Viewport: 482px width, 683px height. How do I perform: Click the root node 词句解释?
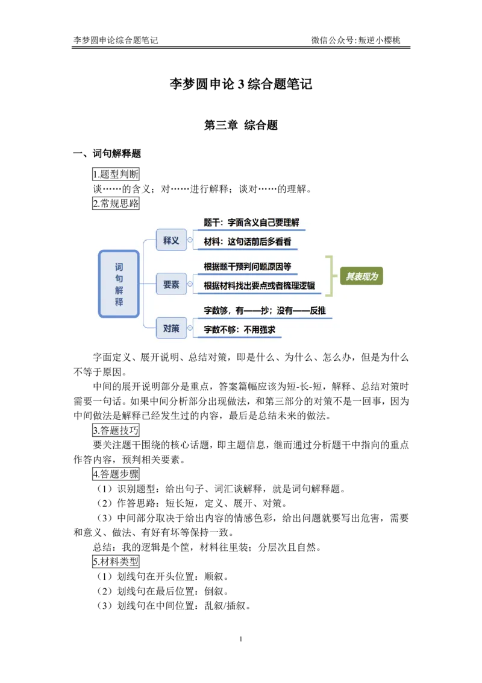pos(119,284)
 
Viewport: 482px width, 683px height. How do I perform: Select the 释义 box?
pos(171,240)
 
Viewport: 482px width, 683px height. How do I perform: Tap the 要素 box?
pos(171,284)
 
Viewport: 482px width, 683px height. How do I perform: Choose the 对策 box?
pos(171,328)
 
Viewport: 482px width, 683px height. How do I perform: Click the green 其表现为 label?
pos(361,276)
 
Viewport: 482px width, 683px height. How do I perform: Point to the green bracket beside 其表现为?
pos(329,276)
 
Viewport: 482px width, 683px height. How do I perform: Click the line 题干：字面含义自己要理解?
pos(251,223)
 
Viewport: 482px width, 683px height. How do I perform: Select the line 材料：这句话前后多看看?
pos(247,242)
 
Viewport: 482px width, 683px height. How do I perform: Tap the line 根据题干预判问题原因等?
pos(247,267)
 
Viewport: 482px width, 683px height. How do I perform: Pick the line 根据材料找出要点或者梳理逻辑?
pos(259,286)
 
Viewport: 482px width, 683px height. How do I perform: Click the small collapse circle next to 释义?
pos(190,240)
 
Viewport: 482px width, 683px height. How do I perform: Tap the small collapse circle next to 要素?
pos(190,284)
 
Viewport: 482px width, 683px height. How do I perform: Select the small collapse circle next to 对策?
pos(190,328)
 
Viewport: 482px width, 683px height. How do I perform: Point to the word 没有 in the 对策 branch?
pos(286,311)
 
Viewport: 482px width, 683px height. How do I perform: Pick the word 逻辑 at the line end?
pos(307,286)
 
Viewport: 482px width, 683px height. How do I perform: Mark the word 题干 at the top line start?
pos(211,223)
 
